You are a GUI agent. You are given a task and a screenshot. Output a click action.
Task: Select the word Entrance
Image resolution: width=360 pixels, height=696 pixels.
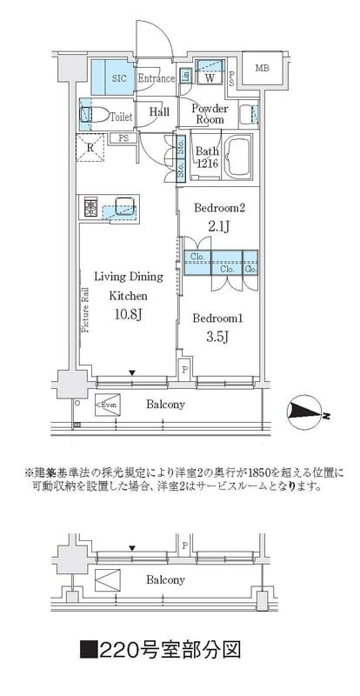[x=157, y=77]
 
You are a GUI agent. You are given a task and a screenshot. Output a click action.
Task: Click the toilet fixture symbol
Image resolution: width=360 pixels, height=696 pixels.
[x=95, y=114]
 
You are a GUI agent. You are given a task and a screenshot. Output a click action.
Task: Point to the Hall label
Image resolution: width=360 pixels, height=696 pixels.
[x=158, y=112]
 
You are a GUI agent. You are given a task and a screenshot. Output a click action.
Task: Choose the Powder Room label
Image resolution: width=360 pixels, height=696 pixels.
[x=209, y=114]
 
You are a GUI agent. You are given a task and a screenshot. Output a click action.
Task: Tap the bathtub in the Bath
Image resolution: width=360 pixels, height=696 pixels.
[x=237, y=157]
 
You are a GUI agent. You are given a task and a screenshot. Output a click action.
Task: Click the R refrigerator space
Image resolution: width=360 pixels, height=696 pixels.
[x=91, y=147]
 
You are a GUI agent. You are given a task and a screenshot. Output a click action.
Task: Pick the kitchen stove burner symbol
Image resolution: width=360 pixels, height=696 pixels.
[x=91, y=207]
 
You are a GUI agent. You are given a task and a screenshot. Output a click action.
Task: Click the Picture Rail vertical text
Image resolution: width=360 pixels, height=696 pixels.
[x=85, y=309]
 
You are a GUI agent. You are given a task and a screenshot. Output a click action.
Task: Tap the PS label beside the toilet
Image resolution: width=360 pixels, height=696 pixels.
[x=124, y=137]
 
